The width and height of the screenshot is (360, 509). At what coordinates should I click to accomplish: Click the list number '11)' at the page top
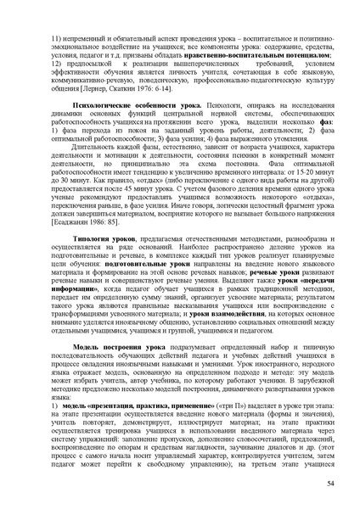(x=58, y=40)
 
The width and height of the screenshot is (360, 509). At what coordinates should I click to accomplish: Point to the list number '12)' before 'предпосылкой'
(x=58, y=63)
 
